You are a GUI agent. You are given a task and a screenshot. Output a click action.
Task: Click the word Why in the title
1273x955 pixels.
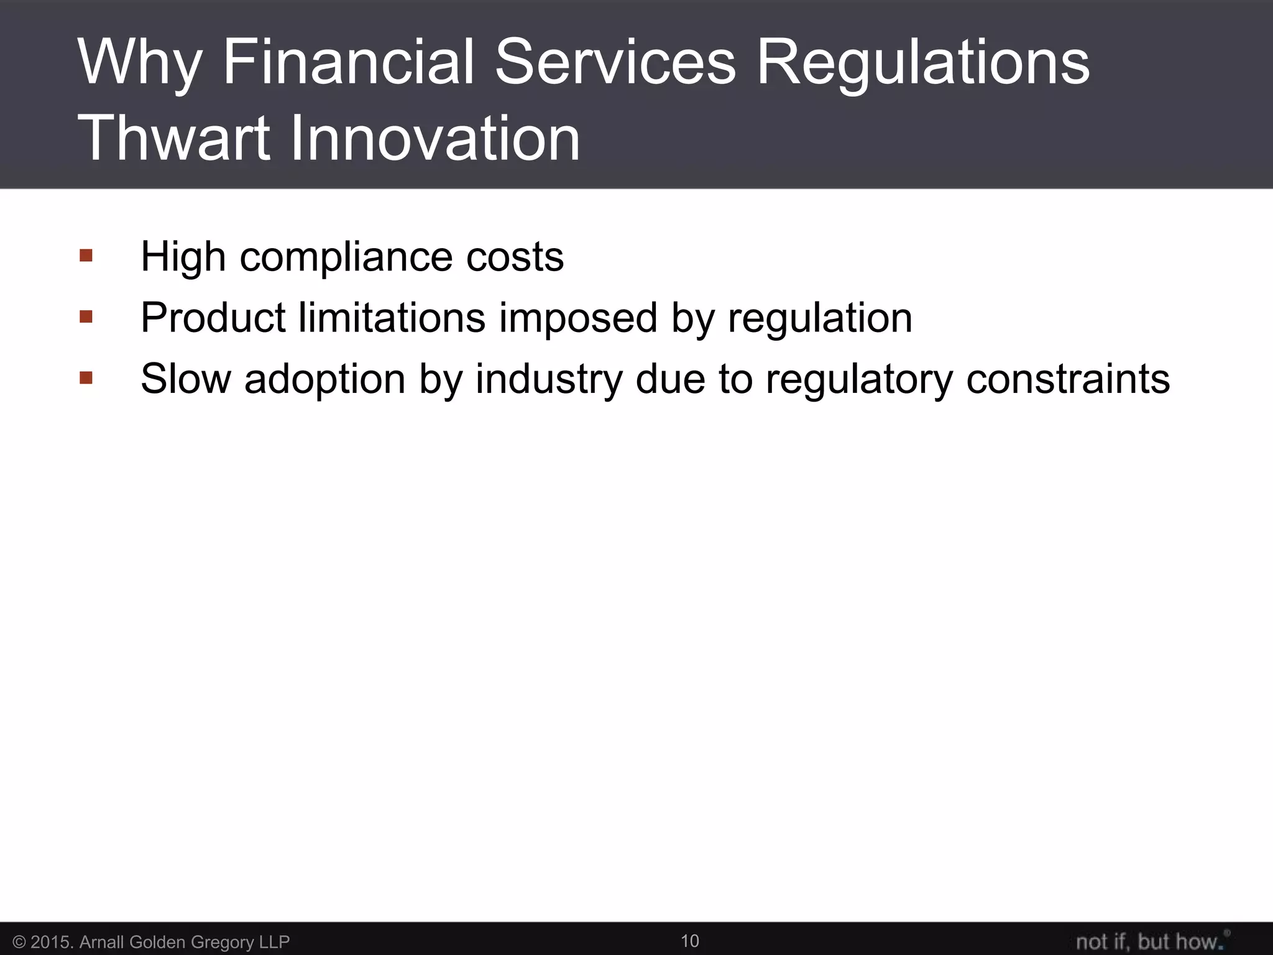(x=140, y=63)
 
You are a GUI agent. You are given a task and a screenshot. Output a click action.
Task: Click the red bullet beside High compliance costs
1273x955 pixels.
(x=86, y=256)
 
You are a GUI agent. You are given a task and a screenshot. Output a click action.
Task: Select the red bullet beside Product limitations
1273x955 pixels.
(x=86, y=317)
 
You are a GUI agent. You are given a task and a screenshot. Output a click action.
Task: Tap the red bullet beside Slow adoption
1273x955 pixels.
(x=86, y=377)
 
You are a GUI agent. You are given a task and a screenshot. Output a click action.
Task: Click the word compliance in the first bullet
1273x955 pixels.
(x=346, y=257)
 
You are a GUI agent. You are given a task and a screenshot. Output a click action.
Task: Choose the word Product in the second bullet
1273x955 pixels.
(x=213, y=318)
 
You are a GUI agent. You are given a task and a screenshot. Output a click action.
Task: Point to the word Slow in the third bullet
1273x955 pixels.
(x=186, y=378)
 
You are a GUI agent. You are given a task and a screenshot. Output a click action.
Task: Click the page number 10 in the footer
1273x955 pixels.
(x=690, y=941)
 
